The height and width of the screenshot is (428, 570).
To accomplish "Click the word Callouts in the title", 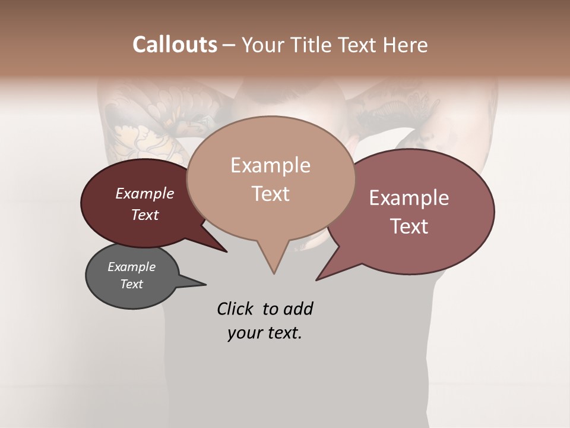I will coord(175,45).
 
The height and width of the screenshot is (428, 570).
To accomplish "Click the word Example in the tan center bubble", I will coord(270,165).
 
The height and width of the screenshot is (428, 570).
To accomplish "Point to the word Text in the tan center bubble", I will coord(270,194).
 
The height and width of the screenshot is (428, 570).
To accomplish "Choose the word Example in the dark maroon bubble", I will coord(144,193).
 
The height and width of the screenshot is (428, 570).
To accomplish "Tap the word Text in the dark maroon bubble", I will coord(144,215).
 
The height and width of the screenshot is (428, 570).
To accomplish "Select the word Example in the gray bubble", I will coord(131,267).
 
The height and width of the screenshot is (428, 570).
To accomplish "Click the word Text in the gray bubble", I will coord(131,284).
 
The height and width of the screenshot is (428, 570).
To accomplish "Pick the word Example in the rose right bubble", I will coord(409,198).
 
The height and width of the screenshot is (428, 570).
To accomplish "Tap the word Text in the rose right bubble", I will coord(409,226).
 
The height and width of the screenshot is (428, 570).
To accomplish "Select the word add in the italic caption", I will coord(298,309).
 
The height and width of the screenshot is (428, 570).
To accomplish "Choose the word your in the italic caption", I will coord(243,333).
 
